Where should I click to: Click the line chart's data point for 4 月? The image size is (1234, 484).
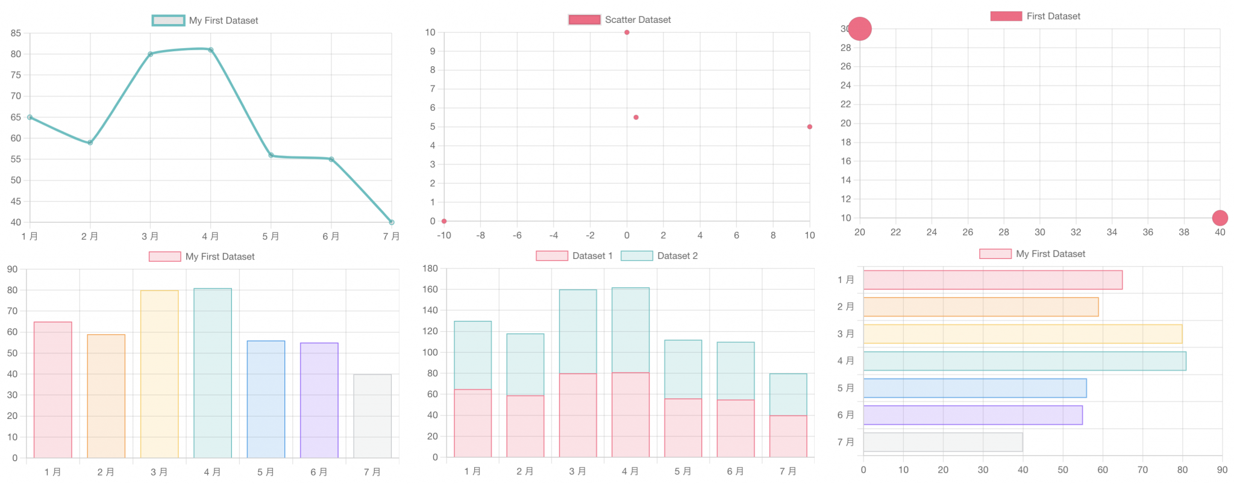211,50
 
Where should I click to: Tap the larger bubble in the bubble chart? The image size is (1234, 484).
860,29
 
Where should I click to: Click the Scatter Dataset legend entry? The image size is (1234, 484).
619,20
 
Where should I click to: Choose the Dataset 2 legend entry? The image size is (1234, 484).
659,256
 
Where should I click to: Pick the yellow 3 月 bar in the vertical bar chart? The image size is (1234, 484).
160,373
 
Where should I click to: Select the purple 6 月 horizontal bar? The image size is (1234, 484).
972,415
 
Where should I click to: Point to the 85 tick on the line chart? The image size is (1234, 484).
16,33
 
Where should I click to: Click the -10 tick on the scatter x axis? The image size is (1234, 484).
444,235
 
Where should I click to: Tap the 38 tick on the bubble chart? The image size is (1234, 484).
1184,232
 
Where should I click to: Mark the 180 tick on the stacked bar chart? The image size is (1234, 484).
430,268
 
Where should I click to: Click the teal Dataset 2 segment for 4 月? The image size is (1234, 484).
630,330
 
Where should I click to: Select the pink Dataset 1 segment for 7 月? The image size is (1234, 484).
788,436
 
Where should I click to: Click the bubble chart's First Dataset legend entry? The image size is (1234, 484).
1035,16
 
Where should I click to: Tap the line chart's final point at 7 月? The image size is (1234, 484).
392,222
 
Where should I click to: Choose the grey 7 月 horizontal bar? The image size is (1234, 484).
943,442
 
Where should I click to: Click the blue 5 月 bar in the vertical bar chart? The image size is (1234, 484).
266,399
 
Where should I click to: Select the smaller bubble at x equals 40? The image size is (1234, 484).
1220,218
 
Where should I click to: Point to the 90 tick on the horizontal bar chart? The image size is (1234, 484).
1222,470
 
